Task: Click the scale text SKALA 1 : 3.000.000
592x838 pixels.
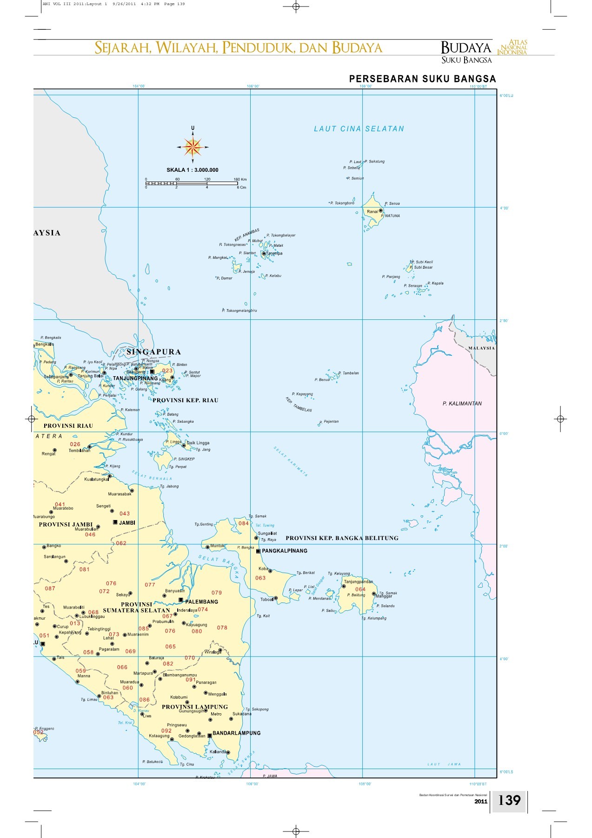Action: click(x=192, y=170)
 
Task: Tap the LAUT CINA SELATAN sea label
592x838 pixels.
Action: click(x=359, y=129)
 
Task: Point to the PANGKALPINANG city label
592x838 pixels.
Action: click(x=284, y=551)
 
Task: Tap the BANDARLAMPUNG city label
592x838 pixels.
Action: click(x=236, y=733)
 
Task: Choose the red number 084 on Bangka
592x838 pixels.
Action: click(x=243, y=523)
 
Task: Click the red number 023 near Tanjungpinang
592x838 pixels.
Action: click(x=167, y=371)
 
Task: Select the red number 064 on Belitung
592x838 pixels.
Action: click(x=360, y=589)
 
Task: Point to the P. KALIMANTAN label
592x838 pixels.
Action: click(x=462, y=404)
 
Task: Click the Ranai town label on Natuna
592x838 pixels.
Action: click(x=372, y=211)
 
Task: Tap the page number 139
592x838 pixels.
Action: click(x=509, y=800)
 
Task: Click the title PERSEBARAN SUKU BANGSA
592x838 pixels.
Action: click(x=422, y=79)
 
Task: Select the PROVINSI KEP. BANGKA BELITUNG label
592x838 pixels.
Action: click(x=342, y=538)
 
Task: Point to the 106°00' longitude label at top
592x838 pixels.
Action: click(x=253, y=86)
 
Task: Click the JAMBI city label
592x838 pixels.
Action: click(x=126, y=523)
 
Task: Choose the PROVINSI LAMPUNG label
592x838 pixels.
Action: click(x=194, y=707)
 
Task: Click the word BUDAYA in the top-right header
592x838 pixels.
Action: click(x=466, y=47)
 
